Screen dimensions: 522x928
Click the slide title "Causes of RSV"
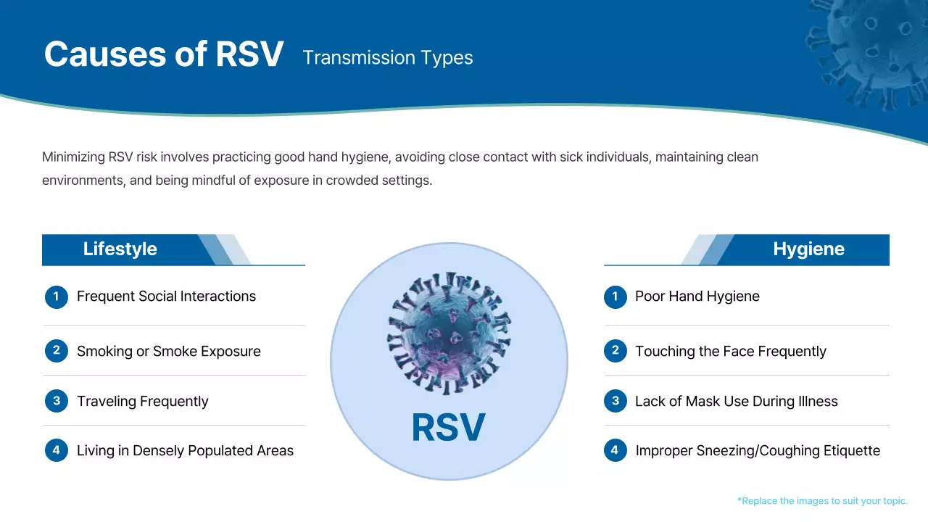(x=163, y=54)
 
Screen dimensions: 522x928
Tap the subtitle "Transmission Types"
(x=387, y=58)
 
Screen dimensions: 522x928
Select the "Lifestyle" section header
(x=120, y=249)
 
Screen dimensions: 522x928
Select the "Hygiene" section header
(x=808, y=249)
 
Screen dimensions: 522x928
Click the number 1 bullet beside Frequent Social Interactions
(x=57, y=297)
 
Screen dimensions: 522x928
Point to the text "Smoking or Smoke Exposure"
(x=168, y=352)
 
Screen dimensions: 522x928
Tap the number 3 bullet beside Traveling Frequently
(x=57, y=401)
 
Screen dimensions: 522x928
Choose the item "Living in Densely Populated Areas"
(x=185, y=451)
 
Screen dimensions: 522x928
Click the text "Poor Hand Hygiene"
(x=697, y=297)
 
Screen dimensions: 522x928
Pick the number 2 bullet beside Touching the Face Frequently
(x=615, y=351)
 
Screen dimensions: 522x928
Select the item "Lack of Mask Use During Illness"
(x=736, y=402)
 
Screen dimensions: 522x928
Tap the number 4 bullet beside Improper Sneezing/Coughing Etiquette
(x=615, y=450)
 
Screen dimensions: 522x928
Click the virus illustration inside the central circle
(x=449, y=333)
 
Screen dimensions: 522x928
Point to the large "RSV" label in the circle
(x=448, y=428)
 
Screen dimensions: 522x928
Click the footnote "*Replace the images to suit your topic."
(x=822, y=501)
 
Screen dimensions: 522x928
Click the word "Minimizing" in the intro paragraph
(x=73, y=157)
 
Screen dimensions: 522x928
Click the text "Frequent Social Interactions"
(x=166, y=297)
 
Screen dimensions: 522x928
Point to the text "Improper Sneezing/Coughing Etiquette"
(x=758, y=451)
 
